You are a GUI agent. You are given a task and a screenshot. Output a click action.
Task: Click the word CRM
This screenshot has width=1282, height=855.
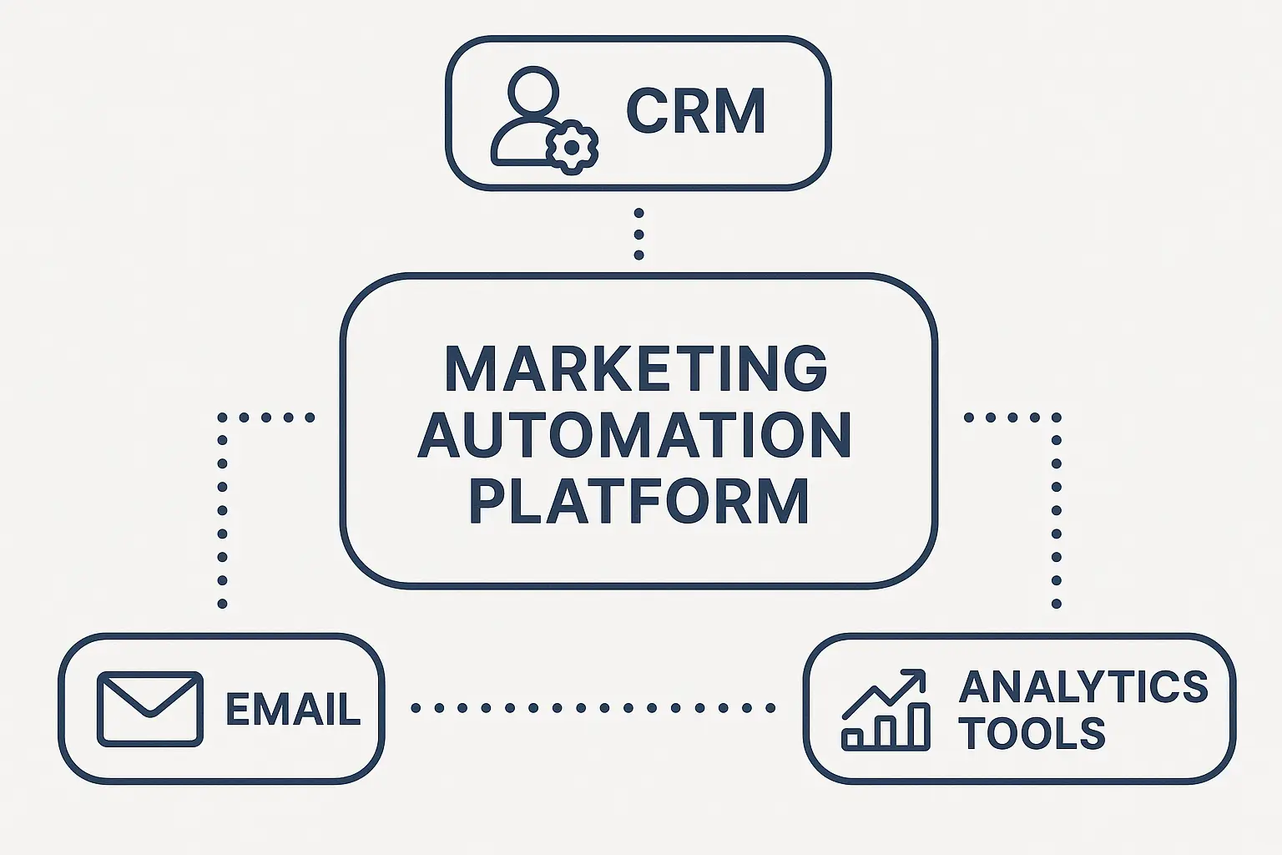point(695,111)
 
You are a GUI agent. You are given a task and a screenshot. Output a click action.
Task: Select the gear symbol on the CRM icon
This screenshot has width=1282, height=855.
point(572,147)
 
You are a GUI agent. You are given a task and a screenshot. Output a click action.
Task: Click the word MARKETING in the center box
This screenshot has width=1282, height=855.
point(636,368)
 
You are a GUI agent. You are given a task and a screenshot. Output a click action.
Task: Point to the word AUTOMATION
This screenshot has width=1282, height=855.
point(636,435)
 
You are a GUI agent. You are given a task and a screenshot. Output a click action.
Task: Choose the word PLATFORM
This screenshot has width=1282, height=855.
point(638,502)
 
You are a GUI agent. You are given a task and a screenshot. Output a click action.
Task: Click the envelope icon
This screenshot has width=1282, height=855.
point(150,708)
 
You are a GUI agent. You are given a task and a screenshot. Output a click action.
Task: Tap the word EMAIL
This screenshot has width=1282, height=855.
point(293,710)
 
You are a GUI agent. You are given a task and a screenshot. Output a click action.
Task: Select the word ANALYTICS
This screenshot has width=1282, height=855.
point(1083,687)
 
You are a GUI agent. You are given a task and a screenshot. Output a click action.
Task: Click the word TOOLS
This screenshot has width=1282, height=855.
point(1032,734)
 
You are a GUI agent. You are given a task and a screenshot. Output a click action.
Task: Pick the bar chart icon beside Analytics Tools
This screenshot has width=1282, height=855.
point(885,710)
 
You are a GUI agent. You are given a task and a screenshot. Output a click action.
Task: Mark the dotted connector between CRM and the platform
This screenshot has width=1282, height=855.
point(638,234)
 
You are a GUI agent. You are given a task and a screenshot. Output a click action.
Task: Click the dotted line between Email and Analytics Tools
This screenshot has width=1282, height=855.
point(593,708)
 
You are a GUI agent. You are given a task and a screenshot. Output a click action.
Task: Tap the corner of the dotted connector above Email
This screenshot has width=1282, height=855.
point(223,417)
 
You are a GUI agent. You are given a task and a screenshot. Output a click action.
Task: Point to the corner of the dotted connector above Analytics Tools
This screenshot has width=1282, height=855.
point(1056,417)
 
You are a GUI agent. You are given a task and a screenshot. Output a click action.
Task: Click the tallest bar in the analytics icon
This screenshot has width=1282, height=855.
point(918,725)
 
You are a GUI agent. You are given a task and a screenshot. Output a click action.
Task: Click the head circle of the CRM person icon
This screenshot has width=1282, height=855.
point(533,90)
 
